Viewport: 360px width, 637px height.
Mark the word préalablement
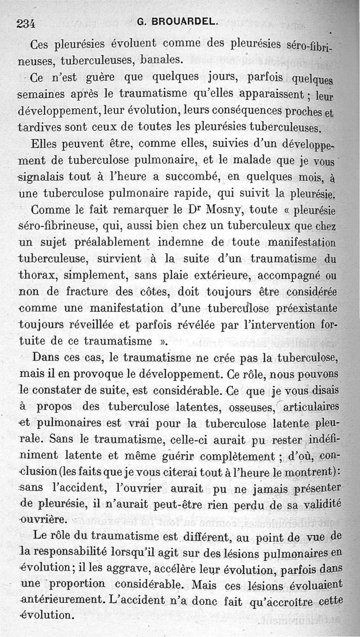[106, 242]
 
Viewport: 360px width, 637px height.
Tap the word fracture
[85, 292]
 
